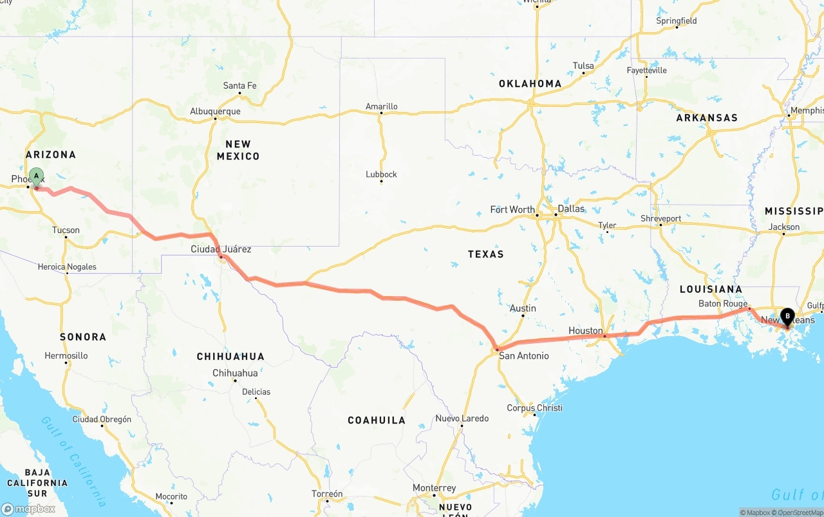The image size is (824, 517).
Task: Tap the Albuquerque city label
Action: coord(215,111)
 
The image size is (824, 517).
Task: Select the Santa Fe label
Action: coord(239,86)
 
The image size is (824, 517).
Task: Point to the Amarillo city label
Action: coord(382,106)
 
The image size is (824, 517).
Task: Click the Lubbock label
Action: coord(381,174)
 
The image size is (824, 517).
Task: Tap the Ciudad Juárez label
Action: coord(221,249)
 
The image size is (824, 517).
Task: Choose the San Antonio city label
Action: coord(524,355)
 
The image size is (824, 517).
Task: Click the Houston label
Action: coord(585,330)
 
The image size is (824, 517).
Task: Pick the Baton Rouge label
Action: coord(723,303)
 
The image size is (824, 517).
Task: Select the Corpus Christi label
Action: coord(534,408)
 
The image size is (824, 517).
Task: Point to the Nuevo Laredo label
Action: coord(462,418)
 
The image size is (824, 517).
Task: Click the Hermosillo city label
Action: coord(66,355)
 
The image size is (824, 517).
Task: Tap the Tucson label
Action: coord(66,230)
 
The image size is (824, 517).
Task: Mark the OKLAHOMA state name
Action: coord(530,84)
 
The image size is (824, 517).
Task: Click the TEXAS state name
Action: coord(485,254)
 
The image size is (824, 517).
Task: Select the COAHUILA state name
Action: coord(377,420)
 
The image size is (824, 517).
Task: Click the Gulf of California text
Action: coord(75,460)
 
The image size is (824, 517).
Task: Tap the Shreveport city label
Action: coord(660,218)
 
